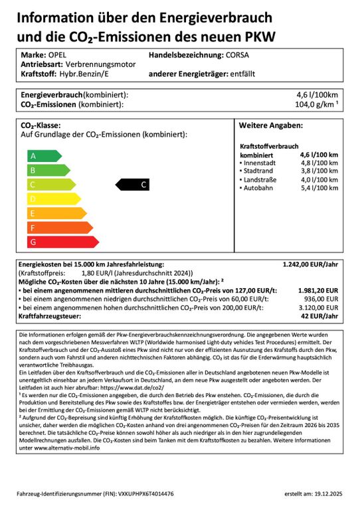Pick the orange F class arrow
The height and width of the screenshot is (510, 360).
point(52,228)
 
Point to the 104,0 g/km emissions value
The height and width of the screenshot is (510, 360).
point(315,105)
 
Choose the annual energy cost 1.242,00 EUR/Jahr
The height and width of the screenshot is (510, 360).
point(310,264)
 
